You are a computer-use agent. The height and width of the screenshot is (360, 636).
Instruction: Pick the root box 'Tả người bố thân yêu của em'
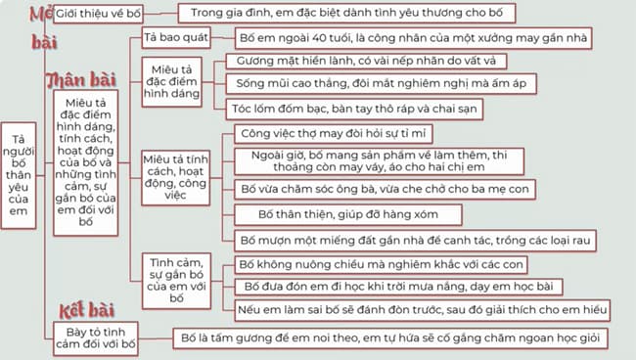[22, 176]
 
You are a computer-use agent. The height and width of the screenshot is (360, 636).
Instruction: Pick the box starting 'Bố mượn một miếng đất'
[417, 239]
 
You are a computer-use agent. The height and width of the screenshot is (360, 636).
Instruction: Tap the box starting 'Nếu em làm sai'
[423, 309]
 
